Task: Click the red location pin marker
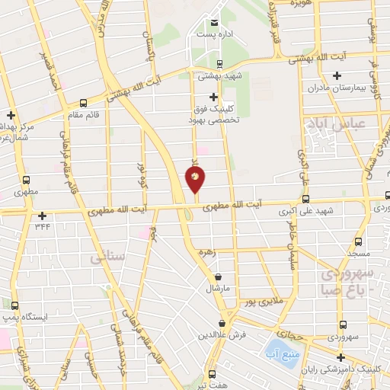(x=195, y=180)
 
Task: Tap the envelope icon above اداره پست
(x=214, y=23)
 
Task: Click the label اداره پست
(x=214, y=35)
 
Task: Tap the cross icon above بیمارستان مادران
(x=337, y=75)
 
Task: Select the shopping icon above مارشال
(x=219, y=277)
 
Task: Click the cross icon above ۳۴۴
(x=42, y=216)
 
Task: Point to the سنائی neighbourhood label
(x=106, y=259)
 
